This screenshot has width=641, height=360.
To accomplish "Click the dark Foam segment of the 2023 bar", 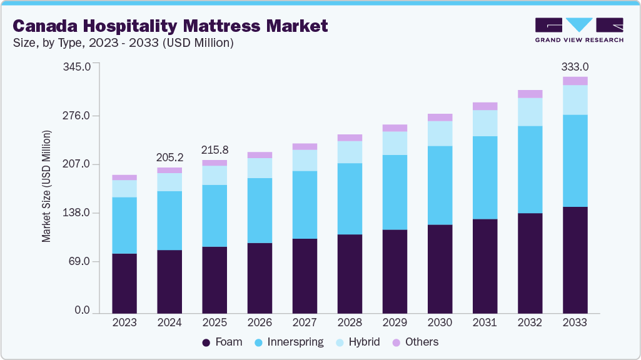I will pos(124,282).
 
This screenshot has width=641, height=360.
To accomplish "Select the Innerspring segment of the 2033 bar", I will pos(575,161).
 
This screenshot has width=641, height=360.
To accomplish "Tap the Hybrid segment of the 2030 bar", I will pos(440,133).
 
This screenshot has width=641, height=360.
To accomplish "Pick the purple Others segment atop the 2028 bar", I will pos(350,137).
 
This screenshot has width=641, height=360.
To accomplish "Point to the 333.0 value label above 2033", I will pos(575,66).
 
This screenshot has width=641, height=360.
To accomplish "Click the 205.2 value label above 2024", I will pos(169,157).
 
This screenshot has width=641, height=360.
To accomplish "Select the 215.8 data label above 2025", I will pos(215,150).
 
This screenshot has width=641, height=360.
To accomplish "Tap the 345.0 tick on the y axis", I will pos(78,66).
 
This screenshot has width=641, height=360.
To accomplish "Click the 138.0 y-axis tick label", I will pos(78,213).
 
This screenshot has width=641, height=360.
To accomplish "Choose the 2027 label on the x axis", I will pos(305,322).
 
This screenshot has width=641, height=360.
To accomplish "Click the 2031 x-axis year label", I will pos(485,322).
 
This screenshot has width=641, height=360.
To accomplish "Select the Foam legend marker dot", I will pos(206,342).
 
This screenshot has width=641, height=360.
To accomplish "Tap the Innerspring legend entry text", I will pos(295,342).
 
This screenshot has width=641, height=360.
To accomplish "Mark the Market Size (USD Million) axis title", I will pos(46,186).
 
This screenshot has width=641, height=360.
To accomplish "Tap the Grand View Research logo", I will pos(578,29).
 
